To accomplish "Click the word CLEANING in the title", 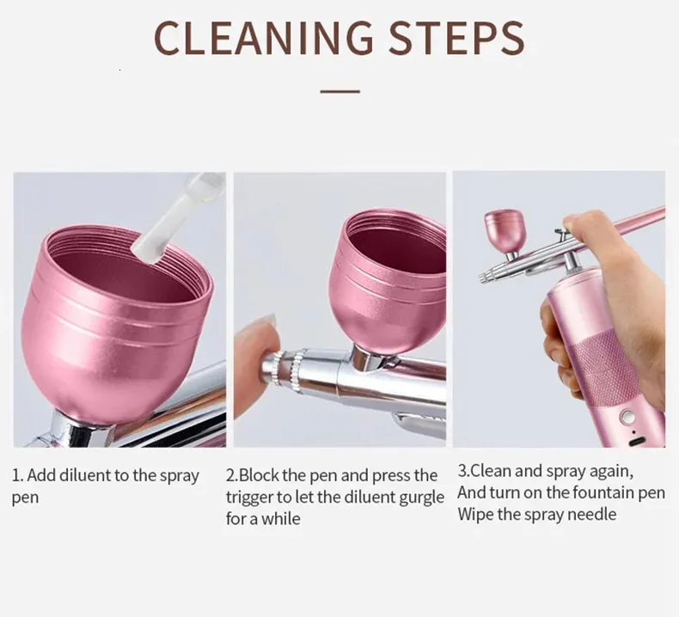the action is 263,38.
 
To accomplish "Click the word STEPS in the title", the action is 457,38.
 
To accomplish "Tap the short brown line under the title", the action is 340,91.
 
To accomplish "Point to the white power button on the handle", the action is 627,418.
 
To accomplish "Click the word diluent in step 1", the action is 86,475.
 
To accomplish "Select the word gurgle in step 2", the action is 421,498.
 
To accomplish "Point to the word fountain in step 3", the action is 594,492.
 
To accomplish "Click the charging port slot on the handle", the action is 638,441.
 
